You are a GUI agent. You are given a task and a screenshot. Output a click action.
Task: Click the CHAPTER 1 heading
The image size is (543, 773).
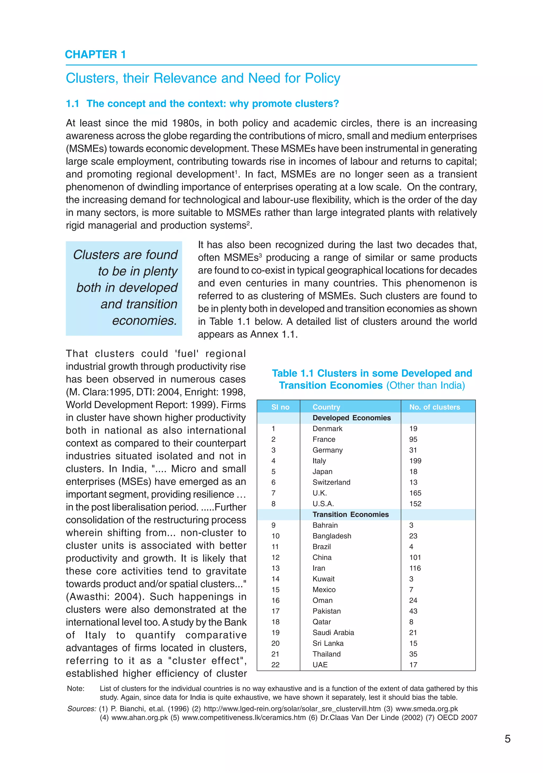tap(95, 54)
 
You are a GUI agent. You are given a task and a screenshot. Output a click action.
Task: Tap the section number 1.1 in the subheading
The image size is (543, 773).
tap(72, 104)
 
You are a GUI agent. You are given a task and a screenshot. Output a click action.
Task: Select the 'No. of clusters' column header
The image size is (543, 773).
tap(434, 407)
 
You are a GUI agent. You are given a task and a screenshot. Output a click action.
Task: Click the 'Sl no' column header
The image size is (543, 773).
tap(280, 407)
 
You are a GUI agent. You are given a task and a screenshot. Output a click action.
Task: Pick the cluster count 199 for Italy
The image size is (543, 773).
tap(415, 461)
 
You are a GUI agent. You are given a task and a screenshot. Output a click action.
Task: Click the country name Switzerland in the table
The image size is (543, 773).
tap(331, 482)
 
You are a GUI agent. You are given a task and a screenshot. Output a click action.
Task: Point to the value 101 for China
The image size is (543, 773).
tap(415, 557)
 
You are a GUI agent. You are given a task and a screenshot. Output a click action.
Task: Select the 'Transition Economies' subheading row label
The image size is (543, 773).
tap(350, 514)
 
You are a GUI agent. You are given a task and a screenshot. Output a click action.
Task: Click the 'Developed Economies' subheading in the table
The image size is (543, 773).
tap(351, 418)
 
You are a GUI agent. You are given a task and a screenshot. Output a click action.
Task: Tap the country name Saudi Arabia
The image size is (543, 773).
tap(333, 633)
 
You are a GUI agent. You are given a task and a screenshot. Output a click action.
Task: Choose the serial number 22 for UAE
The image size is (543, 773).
tap(275, 665)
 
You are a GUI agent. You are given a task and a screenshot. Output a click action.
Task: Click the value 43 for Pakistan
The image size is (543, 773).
tap(413, 611)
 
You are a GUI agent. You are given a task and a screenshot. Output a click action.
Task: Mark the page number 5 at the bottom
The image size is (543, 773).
tap(507, 739)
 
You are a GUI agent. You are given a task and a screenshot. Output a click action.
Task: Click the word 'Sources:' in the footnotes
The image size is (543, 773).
tap(81, 709)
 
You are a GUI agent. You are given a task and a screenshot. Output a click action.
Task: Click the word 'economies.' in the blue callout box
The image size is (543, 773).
tap(144, 320)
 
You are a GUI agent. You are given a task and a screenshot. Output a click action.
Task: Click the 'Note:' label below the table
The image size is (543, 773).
tap(76, 688)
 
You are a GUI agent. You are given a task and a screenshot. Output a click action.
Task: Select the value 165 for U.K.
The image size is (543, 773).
tap(415, 493)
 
